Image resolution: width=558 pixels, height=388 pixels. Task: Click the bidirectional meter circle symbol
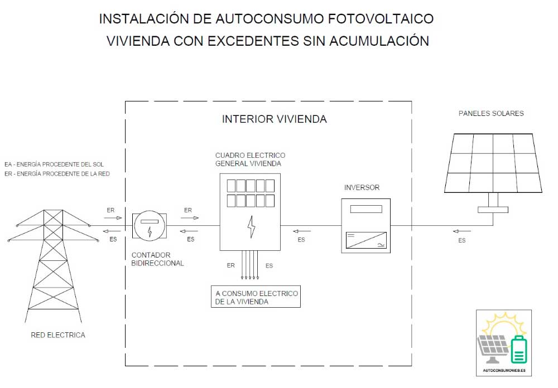point(149,226)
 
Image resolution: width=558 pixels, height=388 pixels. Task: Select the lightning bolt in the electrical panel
point(251,227)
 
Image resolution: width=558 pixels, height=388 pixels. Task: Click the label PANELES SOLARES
point(491,114)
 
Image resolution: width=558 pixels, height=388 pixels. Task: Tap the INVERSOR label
point(362,188)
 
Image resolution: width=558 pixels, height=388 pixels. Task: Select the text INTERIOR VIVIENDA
point(274,119)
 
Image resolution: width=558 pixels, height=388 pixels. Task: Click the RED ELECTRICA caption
point(58,335)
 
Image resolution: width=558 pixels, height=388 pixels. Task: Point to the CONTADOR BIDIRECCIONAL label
point(157,259)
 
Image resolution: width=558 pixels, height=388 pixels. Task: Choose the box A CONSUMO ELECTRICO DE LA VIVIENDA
point(256,297)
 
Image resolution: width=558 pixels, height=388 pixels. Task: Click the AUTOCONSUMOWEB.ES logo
point(503,342)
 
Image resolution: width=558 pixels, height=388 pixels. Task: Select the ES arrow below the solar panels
point(461,231)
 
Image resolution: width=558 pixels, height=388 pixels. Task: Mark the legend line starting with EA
point(54,164)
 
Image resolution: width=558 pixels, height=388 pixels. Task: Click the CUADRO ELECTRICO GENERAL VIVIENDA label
point(250,159)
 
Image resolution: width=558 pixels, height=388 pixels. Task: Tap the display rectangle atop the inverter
point(366,209)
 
